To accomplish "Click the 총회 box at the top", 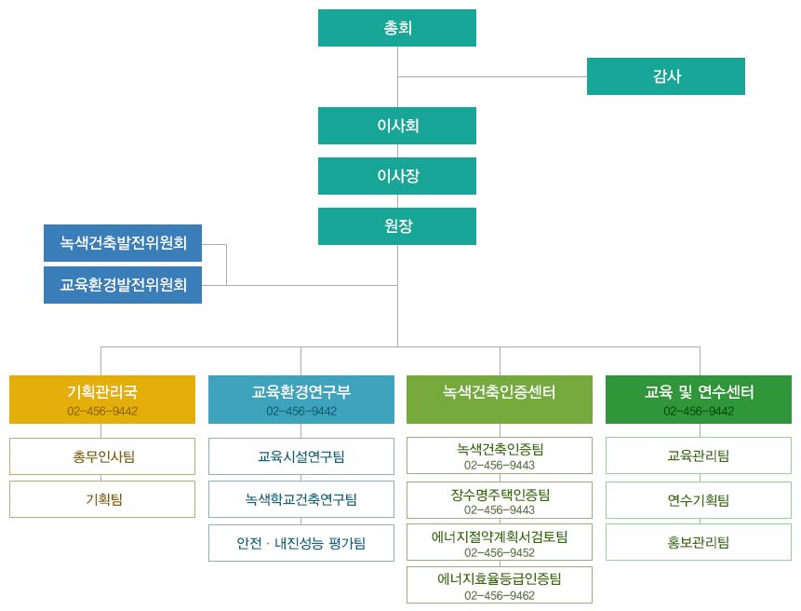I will [x=397, y=28].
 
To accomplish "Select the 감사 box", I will [x=666, y=76].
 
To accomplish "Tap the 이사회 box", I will [x=397, y=126].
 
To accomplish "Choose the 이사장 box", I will [x=397, y=176].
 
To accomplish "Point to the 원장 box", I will [x=397, y=226].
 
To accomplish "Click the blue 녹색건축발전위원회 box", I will [x=123, y=243].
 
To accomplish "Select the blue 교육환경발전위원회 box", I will [x=123, y=285].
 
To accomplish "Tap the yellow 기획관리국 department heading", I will [x=102, y=400].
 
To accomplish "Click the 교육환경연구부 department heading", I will [x=301, y=400].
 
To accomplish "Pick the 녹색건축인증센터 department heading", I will [x=500, y=393].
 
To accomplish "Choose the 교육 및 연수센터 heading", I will [x=699, y=400].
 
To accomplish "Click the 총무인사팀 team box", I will [x=102, y=456].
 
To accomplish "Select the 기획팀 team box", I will [x=102, y=499].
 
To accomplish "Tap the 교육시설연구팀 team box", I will [x=301, y=456].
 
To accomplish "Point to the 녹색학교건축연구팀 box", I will [x=301, y=499].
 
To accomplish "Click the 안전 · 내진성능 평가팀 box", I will [x=301, y=543].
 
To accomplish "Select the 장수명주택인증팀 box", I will [x=500, y=500].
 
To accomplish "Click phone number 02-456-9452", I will [x=500, y=552].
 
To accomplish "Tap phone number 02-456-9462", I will [x=500, y=595].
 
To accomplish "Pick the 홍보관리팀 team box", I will [x=699, y=542].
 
